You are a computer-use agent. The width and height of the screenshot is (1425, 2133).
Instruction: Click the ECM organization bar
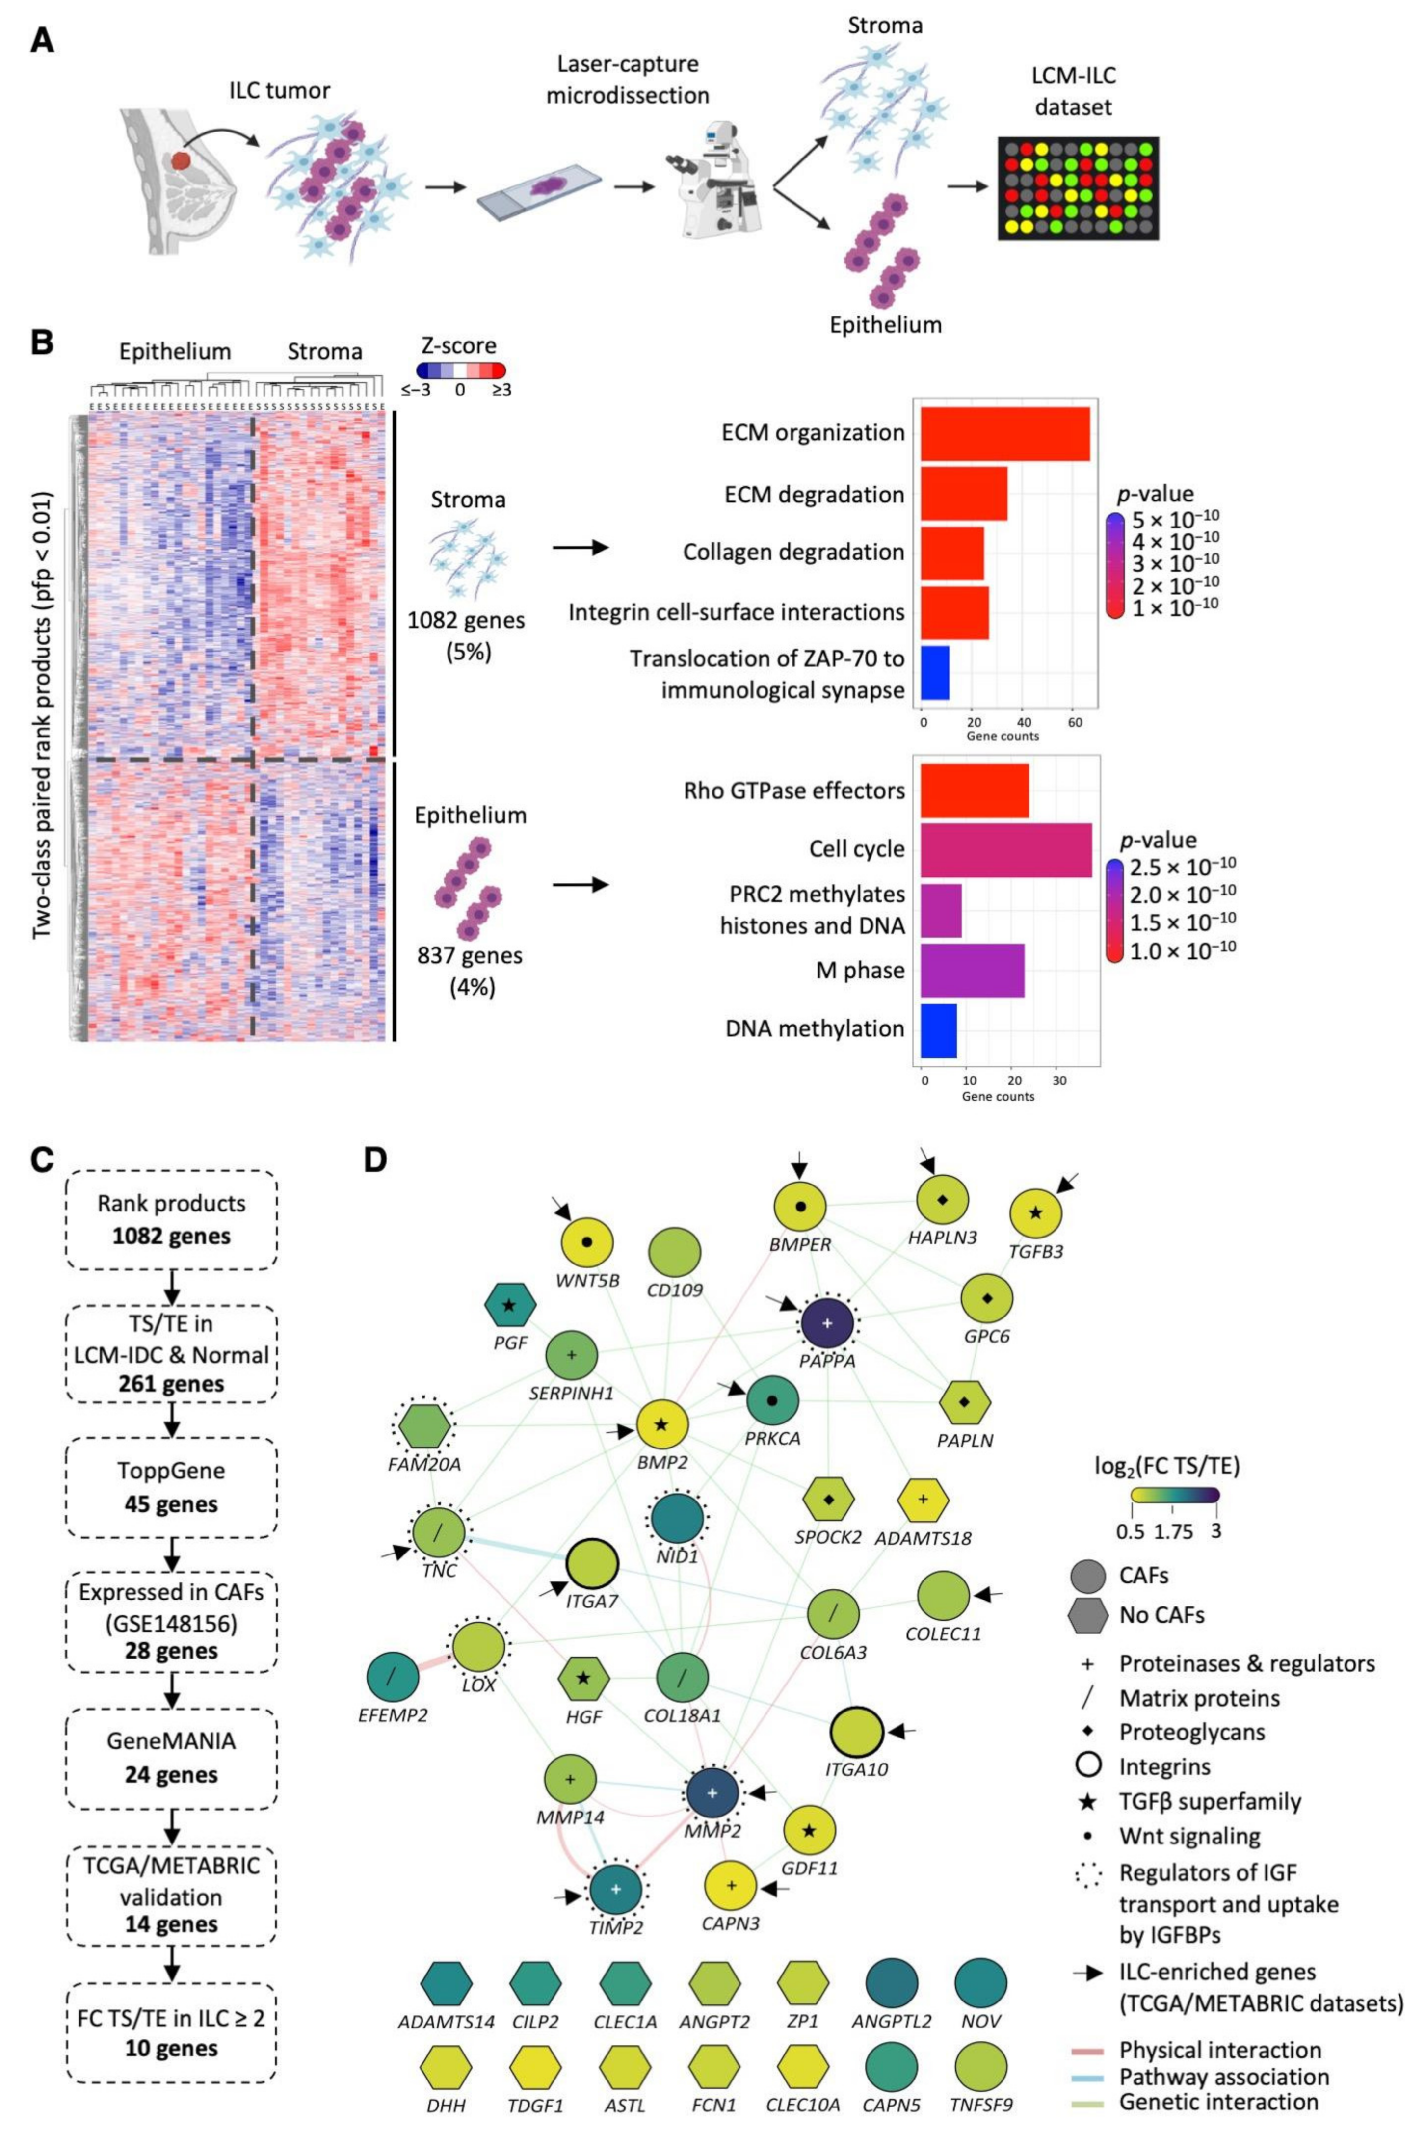click(x=1004, y=433)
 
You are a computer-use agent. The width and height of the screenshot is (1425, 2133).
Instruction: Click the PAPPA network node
click(x=827, y=1324)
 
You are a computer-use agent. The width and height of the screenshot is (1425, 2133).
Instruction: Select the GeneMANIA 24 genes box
click(x=172, y=1758)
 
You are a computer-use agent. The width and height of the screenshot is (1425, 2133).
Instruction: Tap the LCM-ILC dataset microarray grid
click(x=1078, y=188)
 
